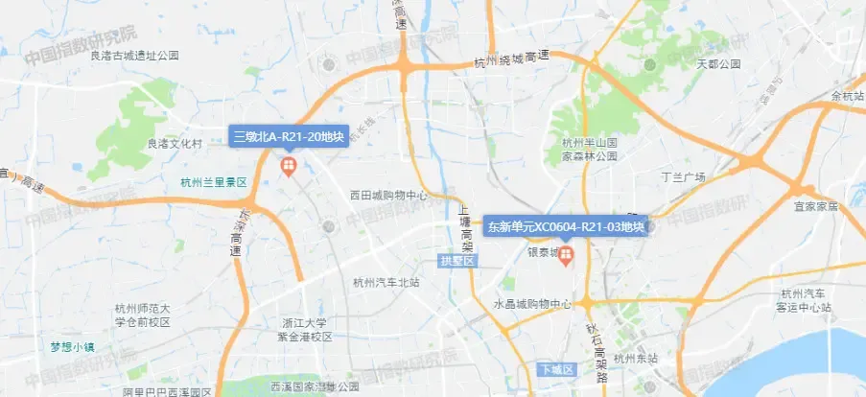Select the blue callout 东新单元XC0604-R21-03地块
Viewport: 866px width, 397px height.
[x=566, y=227]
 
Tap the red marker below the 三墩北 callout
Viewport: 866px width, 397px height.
[x=286, y=169]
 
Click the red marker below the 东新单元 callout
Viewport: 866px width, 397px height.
[x=566, y=256]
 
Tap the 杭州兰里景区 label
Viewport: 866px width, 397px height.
[x=214, y=182]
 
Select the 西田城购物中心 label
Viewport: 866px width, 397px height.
[x=388, y=196]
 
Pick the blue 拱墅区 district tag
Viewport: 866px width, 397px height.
[x=457, y=261]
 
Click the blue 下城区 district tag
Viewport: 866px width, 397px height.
[x=555, y=370]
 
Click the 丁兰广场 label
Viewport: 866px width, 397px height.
[x=684, y=177]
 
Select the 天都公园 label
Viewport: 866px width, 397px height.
[x=718, y=64]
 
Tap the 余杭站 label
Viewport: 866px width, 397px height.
[x=848, y=96]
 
